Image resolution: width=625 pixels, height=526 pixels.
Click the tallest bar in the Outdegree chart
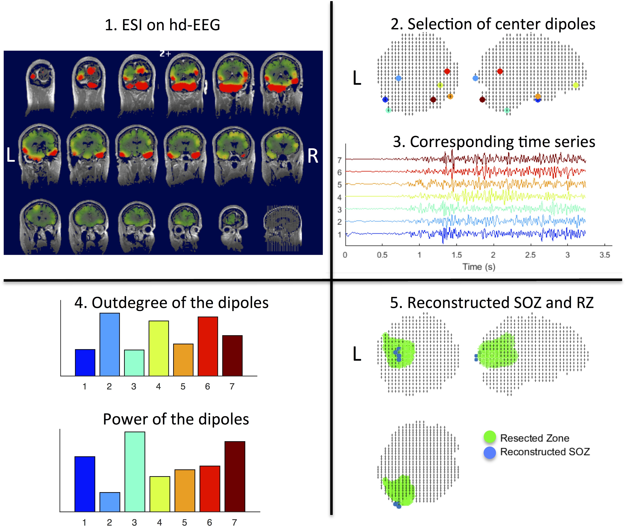110,344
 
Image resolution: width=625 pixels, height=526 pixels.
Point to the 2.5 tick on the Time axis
530,255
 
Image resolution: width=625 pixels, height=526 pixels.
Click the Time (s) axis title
479,267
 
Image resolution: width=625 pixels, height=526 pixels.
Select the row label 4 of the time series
339,197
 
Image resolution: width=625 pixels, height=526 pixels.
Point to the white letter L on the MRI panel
11,155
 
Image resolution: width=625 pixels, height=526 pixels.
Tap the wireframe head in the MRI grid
282,228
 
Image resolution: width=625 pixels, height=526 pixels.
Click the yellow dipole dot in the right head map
575,85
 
